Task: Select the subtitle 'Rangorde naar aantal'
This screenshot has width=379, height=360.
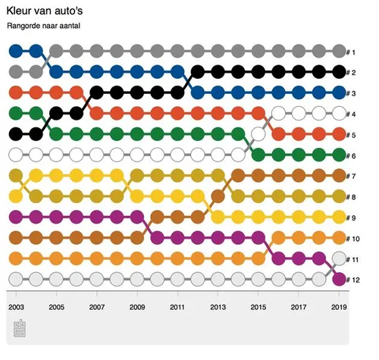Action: point(43,27)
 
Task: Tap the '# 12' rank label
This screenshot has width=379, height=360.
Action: point(354,279)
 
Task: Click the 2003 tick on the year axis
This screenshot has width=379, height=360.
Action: point(17,308)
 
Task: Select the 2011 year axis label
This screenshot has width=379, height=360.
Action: point(177,308)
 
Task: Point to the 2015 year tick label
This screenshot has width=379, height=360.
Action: point(258,308)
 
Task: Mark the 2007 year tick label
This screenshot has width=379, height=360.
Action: point(97,308)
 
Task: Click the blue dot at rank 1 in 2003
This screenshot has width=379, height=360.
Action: point(17,52)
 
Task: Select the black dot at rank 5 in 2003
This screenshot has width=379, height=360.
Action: point(17,134)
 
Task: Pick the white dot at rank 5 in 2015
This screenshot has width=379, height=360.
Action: point(258,134)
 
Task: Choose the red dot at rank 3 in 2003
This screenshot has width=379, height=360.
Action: point(17,93)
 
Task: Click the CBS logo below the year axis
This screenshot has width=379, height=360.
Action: point(20,329)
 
